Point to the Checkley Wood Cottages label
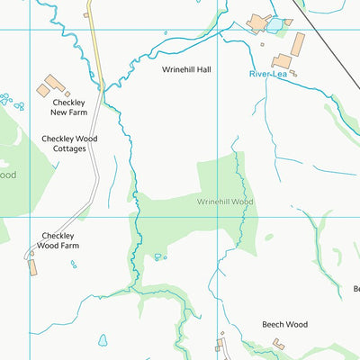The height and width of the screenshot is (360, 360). (69, 144)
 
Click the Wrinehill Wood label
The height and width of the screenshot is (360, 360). (225, 202)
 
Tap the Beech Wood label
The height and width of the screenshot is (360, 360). (284, 324)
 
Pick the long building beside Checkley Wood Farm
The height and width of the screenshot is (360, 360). (33, 267)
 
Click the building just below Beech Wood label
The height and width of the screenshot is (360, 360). (279, 344)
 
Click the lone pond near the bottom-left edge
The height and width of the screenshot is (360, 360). (103, 340)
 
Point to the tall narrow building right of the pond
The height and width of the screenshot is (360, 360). (298, 43)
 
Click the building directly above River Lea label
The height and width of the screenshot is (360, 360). (282, 60)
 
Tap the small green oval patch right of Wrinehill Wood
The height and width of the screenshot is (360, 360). (269, 237)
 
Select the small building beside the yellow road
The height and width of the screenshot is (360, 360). (87, 13)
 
